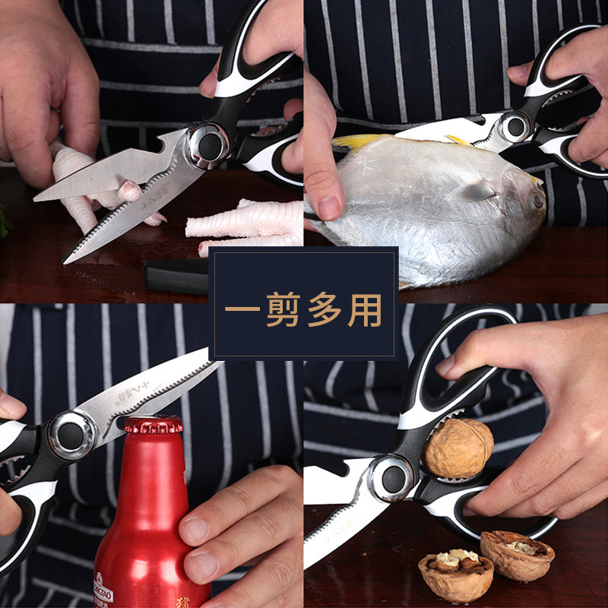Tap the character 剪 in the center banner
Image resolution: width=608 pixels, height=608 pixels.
[x=283, y=312]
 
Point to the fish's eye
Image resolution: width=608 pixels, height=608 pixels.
[x=537, y=200]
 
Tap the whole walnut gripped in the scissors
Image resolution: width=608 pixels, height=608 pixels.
[x=458, y=448]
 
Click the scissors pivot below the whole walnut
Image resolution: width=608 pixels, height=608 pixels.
[x=394, y=477]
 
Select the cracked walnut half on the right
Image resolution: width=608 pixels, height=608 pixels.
[x=517, y=553]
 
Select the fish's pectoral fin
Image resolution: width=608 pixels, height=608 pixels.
[x=480, y=190]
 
